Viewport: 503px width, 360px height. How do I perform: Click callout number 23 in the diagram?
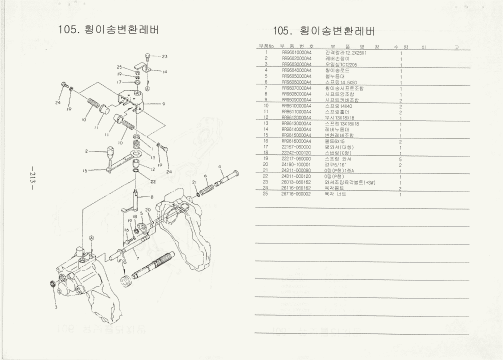click(x=164, y=56)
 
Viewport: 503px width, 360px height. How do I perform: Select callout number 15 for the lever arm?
click(x=85, y=170)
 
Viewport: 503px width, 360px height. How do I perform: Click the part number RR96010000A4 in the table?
click(x=296, y=52)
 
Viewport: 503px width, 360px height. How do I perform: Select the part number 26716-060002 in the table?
click(x=296, y=194)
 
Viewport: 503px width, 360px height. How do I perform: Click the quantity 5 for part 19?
click(x=401, y=158)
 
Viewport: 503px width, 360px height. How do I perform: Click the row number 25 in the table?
click(x=266, y=194)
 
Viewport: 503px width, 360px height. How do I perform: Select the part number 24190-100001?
click(x=296, y=164)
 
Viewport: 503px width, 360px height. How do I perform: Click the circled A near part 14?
click(x=147, y=88)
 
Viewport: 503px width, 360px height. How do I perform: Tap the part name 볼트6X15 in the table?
click(x=335, y=141)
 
